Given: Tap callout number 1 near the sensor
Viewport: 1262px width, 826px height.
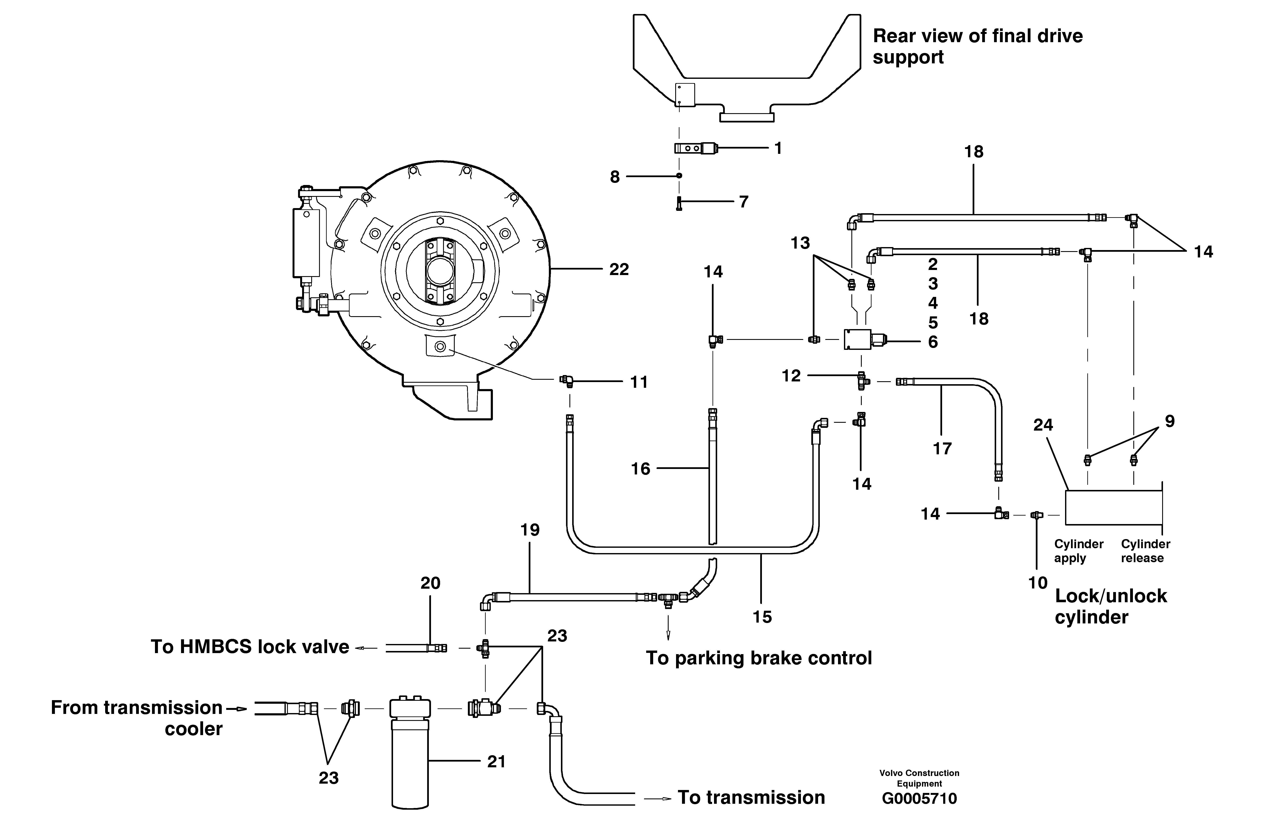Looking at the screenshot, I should (778, 149).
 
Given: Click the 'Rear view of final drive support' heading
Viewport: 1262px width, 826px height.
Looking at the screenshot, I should (977, 47).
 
